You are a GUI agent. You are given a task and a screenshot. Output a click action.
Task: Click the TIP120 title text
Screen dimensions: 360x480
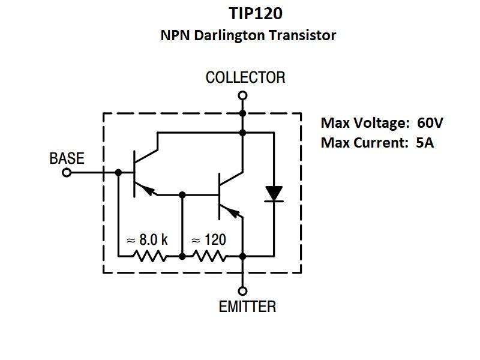click(248, 14)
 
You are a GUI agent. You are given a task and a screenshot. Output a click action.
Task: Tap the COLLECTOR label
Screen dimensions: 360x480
click(245, 77)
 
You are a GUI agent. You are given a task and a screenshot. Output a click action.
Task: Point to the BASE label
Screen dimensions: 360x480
click(67, 159)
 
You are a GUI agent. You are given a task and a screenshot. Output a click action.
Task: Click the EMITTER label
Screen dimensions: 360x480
click(247, 307)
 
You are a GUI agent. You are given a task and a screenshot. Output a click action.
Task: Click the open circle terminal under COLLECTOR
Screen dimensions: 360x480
click(242, 95)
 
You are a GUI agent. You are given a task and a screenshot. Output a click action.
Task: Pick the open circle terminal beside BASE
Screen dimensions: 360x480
click(67, 173)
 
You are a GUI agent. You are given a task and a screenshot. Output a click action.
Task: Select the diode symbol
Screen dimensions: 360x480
click(274, 193)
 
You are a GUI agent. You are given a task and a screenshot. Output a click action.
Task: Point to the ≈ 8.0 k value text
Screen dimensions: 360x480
click(147, 240)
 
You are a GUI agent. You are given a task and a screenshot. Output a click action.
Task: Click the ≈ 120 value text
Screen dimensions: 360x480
click(208, 240)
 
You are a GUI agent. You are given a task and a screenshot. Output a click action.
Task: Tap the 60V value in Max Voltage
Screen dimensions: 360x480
click(430, 123)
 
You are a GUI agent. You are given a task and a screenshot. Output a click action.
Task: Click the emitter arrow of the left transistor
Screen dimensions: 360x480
click(150, 191)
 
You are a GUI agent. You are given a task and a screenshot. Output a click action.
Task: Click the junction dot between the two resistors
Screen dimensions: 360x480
click(181, 257)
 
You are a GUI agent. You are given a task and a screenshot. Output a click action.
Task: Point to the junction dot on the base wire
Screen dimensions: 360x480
click(118, 173)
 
